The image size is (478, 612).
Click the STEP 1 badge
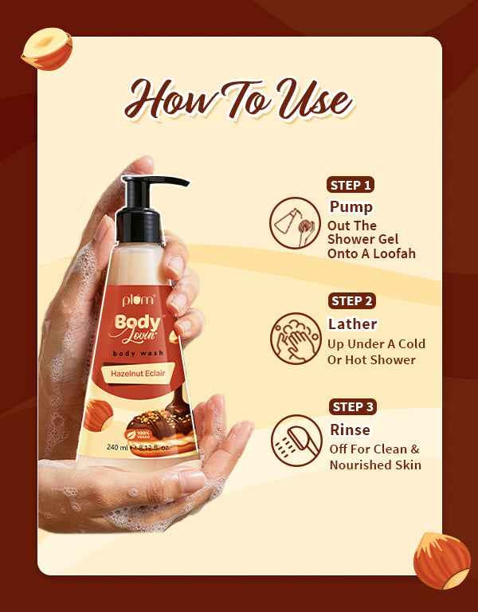pyautogui.click(x=351, y=185)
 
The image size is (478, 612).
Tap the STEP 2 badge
pyautogui.click(x=351, y=301)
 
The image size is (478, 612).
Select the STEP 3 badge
pyautogui.click(x=352, y=406)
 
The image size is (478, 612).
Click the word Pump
pyautogui.click(x=351, y=207)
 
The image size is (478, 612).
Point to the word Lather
pyautogui.click(x=352, y=324)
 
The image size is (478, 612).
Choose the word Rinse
pyautogui.click(x=350, y=430)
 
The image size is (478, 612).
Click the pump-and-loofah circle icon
pyautogui.click(x=295, y=223)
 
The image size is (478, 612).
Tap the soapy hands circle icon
pyautogui.click(x=296, y=339)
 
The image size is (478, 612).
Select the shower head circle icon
pyautogui.click(x=296, y=441)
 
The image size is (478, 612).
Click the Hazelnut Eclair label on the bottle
pyautogui.click(x=138, y=374)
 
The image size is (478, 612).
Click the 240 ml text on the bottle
pyautogui.click(x=117, y=447)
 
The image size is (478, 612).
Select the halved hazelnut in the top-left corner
pyautogui.click(x=47, y=49)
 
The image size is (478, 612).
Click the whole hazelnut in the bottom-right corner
pyautogui.click(x=442, y=560)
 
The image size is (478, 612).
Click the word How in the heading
pyautogui.click(x=171, y=100)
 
